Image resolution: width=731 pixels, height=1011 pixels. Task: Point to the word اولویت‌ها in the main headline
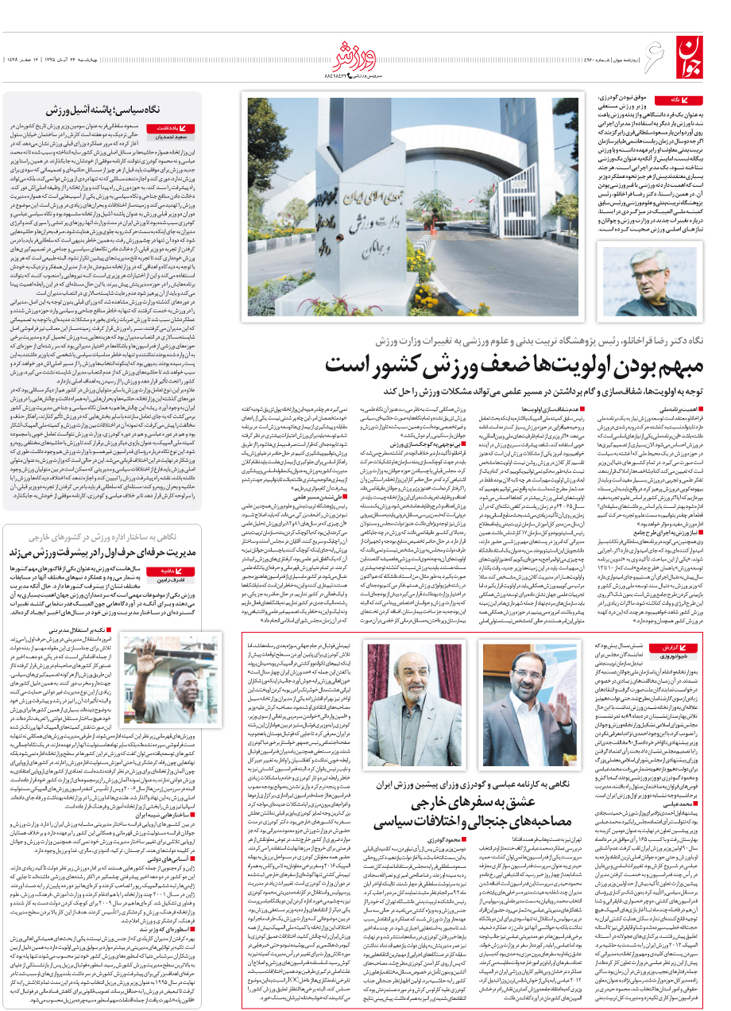[493, 366]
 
